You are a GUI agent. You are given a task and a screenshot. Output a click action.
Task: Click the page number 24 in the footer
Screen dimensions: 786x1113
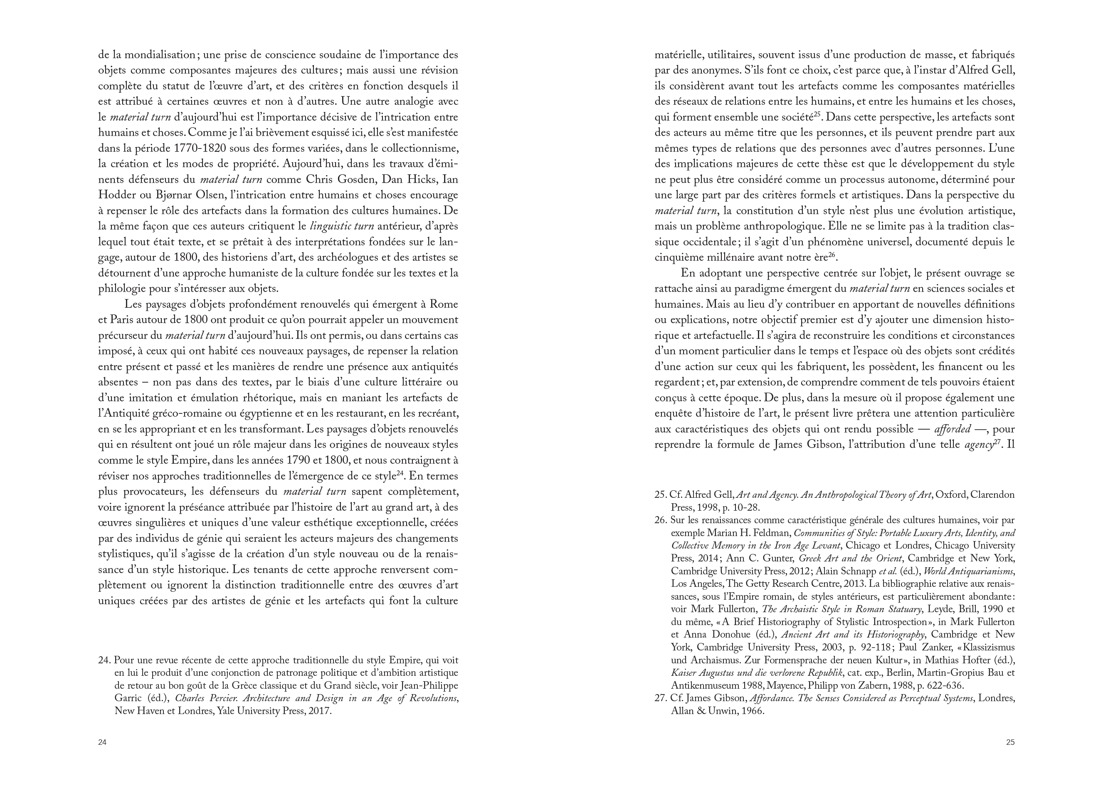click(x=102, y=742)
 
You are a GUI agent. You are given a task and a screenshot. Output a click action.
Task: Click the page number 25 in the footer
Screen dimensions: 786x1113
click(x=1010, y=742)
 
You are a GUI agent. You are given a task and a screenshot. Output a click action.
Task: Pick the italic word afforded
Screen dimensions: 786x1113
click(x=952, y=429)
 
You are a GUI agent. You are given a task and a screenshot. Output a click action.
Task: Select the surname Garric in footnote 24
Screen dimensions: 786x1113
click(x=128, y=699)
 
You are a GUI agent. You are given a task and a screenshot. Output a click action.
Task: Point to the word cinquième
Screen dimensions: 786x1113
click(x=678, y=257)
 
